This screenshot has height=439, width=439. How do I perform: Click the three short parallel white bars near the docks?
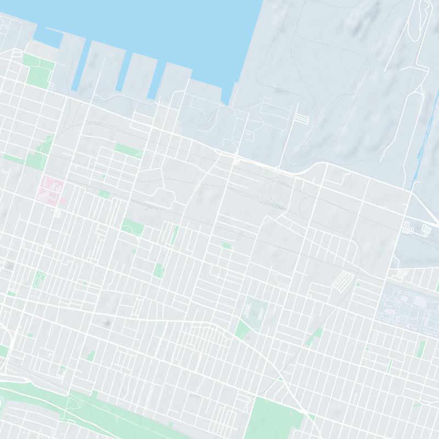302,118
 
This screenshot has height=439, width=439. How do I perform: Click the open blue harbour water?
165,27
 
